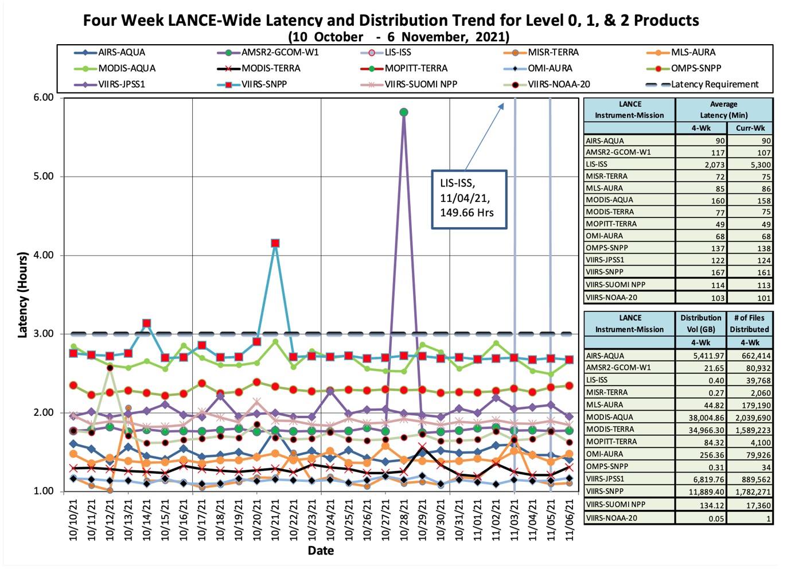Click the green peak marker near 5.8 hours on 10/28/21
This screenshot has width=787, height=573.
404,112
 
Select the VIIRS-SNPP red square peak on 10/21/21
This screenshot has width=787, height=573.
275,243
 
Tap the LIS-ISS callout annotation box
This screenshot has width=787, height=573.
469,199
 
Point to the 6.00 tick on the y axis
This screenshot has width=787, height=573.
44,98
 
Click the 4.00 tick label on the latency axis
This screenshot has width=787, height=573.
44,255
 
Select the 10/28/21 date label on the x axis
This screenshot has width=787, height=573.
404,519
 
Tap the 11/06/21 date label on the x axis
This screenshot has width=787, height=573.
570,519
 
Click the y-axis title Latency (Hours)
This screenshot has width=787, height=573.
23,295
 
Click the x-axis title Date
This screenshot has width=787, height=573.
321,551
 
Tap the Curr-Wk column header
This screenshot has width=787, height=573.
750,128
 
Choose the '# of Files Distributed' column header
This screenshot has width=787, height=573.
749,323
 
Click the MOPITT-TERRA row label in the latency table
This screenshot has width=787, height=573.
611,224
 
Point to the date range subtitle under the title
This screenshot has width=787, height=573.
399,37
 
